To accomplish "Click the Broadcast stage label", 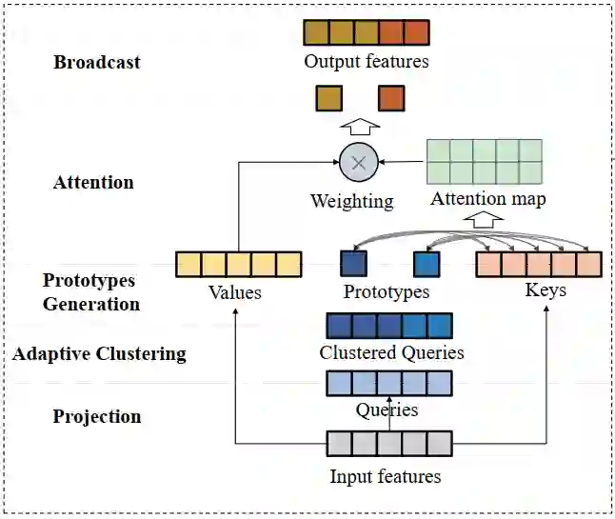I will pyautogui.click(x=96, y=63).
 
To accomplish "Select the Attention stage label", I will pyautogui.click(x=93, y=182).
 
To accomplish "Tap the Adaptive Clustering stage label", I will pyautogui.click(x=99, y=354).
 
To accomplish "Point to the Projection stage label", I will pyautogui.click(x=96, y=416).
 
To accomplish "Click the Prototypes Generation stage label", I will pyautogui.click(x=90, y=292).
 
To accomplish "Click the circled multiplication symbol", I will pyautogui.click(x=359, y=162).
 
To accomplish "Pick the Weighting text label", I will pyautogui.click(x=351, y=201).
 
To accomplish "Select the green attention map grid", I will pyautogui.click(x=485, y=161).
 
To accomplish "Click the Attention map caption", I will pyautogui.click(x=487, y=199).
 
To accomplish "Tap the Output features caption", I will pyautogui.click(x=367, y=61).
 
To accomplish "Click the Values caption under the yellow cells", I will pyautogui.click(x=234, y=292).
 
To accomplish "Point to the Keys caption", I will pyautogui.click(x=546, y=289).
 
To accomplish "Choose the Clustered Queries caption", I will pyautogui.click(x=391, y=352).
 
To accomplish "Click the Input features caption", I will pyautogui.click(x=385, y=475).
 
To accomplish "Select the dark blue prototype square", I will pyautogui.click(x=353, y=264).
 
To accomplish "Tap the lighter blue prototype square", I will pyautogui.click(x=426, y=264).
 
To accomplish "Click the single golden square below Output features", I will pyautogui.click(x=328, y=98).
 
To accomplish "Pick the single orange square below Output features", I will pyautogui.click(x=390, y=98).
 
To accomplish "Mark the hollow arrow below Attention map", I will pyautogui.click(x=486, y=219).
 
